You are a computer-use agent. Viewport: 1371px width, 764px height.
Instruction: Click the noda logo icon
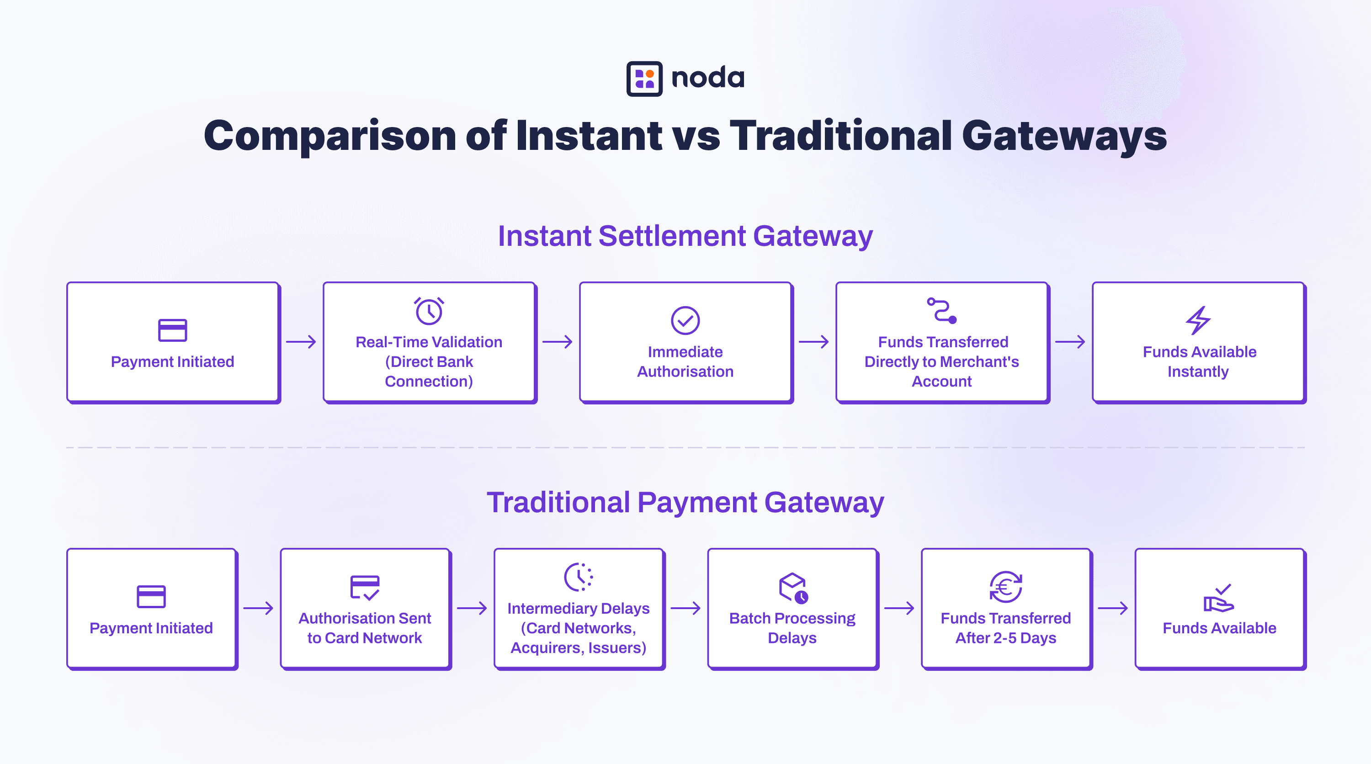(644, 79)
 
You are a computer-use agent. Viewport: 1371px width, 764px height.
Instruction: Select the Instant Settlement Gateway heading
(685, 236)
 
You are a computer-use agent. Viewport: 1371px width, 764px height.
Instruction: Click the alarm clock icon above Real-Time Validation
(429, 311)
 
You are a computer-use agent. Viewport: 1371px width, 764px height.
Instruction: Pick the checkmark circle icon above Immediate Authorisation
(685, 320)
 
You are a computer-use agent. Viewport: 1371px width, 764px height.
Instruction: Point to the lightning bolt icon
(1198, 320)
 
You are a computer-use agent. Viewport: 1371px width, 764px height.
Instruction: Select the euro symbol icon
(1005, 587)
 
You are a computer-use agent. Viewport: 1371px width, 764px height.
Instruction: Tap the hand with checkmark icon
(1219, 598)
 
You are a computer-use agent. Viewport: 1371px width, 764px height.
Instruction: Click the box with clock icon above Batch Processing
(793, 588)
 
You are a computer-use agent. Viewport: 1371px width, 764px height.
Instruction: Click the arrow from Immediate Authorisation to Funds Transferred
(814, 342)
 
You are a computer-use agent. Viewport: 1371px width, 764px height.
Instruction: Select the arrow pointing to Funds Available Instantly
(1070, 342)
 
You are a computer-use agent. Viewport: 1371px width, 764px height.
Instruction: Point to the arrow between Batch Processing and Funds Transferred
(899, 608)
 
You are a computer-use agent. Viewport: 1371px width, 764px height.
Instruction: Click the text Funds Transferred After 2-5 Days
(1006, 628)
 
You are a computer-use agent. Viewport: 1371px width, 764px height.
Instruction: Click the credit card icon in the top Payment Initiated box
(172, 330)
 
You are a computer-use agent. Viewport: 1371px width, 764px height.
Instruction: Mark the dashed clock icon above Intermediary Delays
(579, 577)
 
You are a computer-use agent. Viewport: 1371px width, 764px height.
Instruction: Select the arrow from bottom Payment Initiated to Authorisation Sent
(258, 608)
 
